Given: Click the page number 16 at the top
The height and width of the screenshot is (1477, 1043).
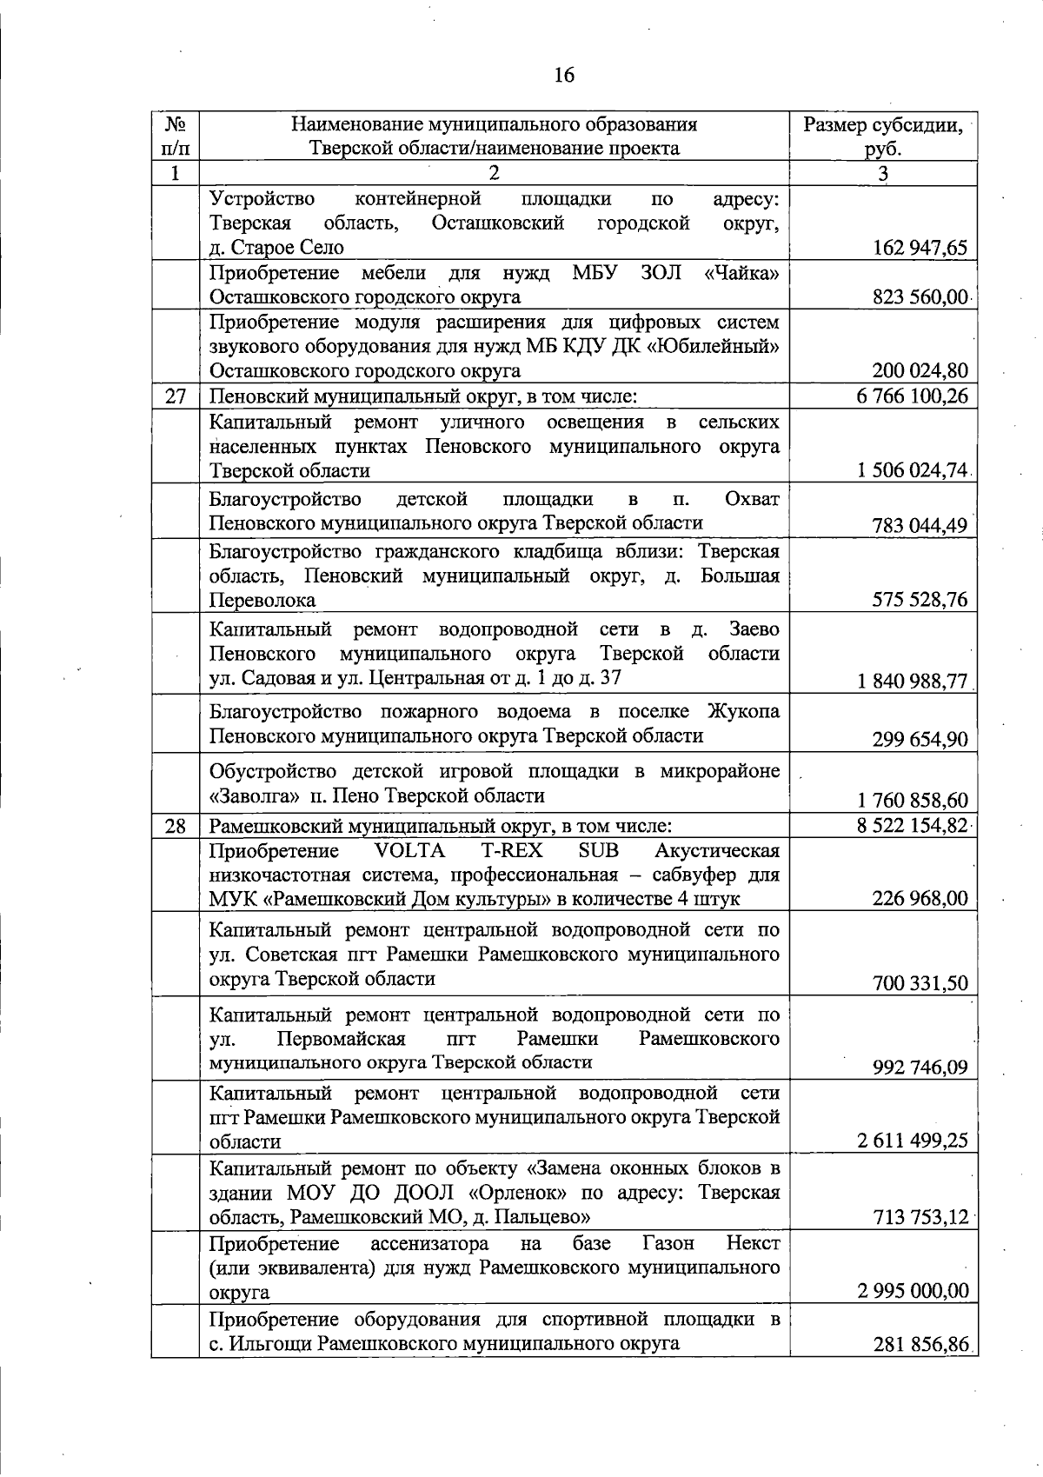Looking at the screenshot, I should pos(564,76).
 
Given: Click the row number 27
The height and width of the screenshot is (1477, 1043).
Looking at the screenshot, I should pos(176,397).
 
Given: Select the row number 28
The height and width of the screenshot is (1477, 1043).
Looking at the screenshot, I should pos(176,826).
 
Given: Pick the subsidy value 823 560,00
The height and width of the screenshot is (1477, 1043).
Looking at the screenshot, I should pos(920,297).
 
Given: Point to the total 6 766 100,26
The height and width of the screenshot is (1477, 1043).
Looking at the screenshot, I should pos(912,397).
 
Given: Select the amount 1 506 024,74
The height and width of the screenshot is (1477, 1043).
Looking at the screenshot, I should pos(912,470).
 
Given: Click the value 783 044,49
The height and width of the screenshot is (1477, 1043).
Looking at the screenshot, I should pos(920,526).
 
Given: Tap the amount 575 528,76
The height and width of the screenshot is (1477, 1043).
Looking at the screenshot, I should pos(920,600).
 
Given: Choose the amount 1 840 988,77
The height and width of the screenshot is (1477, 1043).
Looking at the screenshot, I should pos(912,682).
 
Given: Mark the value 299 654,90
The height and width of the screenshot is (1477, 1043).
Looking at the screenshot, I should pos(920,740).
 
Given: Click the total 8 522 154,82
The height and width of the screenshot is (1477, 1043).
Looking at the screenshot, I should pos(912,825).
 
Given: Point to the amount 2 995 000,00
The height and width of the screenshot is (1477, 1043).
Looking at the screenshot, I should pos(912,1291).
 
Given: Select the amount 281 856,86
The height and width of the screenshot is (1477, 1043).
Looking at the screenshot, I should pos(920,1370).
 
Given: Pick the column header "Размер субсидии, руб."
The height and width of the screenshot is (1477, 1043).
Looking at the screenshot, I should pos(882,136).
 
